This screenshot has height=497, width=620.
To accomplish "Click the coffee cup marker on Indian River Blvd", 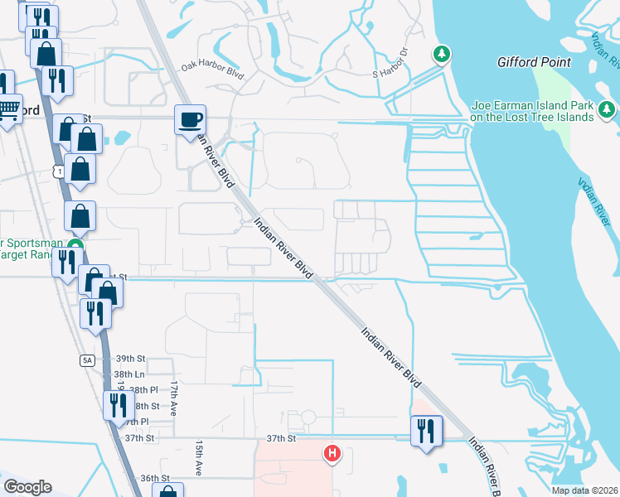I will tap(190, 120).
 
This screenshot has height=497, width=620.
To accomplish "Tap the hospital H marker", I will tap(332, 453).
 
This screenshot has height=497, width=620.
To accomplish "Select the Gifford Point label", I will tap(534, 62).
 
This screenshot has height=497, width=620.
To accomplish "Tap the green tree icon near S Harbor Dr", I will tap(443, 54).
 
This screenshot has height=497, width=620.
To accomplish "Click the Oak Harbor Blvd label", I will tap(213, 70).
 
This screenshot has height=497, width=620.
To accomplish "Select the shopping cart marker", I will tap(8, 109).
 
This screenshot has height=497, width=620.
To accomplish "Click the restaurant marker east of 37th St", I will tap(427, 430).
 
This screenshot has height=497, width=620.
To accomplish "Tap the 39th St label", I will tap(130, 359).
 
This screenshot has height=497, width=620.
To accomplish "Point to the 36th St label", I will tap(154, 479).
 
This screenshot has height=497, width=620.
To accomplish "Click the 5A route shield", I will tap(87, 360).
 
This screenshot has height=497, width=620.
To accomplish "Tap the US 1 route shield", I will tap(56, 171).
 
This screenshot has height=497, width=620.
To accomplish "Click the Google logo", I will tap(27, 487).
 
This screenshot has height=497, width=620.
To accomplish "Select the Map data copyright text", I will tap(584, 490).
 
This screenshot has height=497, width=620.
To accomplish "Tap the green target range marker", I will tap(75, 246).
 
